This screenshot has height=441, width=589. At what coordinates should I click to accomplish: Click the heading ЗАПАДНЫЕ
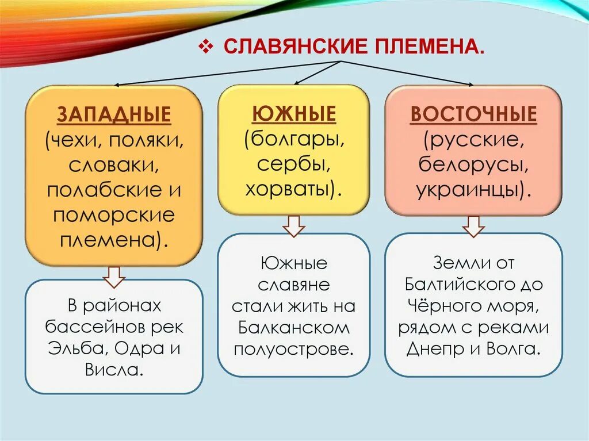[114, 115]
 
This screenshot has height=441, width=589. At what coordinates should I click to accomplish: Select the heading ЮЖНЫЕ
[293, 114]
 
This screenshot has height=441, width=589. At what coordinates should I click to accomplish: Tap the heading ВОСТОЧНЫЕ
[473, 114]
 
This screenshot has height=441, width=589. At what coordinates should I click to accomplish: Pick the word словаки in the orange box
[114, 166]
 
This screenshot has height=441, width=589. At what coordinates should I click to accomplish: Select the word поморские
[114, 216]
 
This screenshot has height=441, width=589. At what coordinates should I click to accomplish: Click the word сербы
[293, 164]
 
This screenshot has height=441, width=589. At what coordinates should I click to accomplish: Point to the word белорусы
[473, 165]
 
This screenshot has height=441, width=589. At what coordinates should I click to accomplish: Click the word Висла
[114, 370]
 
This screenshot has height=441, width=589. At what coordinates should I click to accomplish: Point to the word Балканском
[293, 328]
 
